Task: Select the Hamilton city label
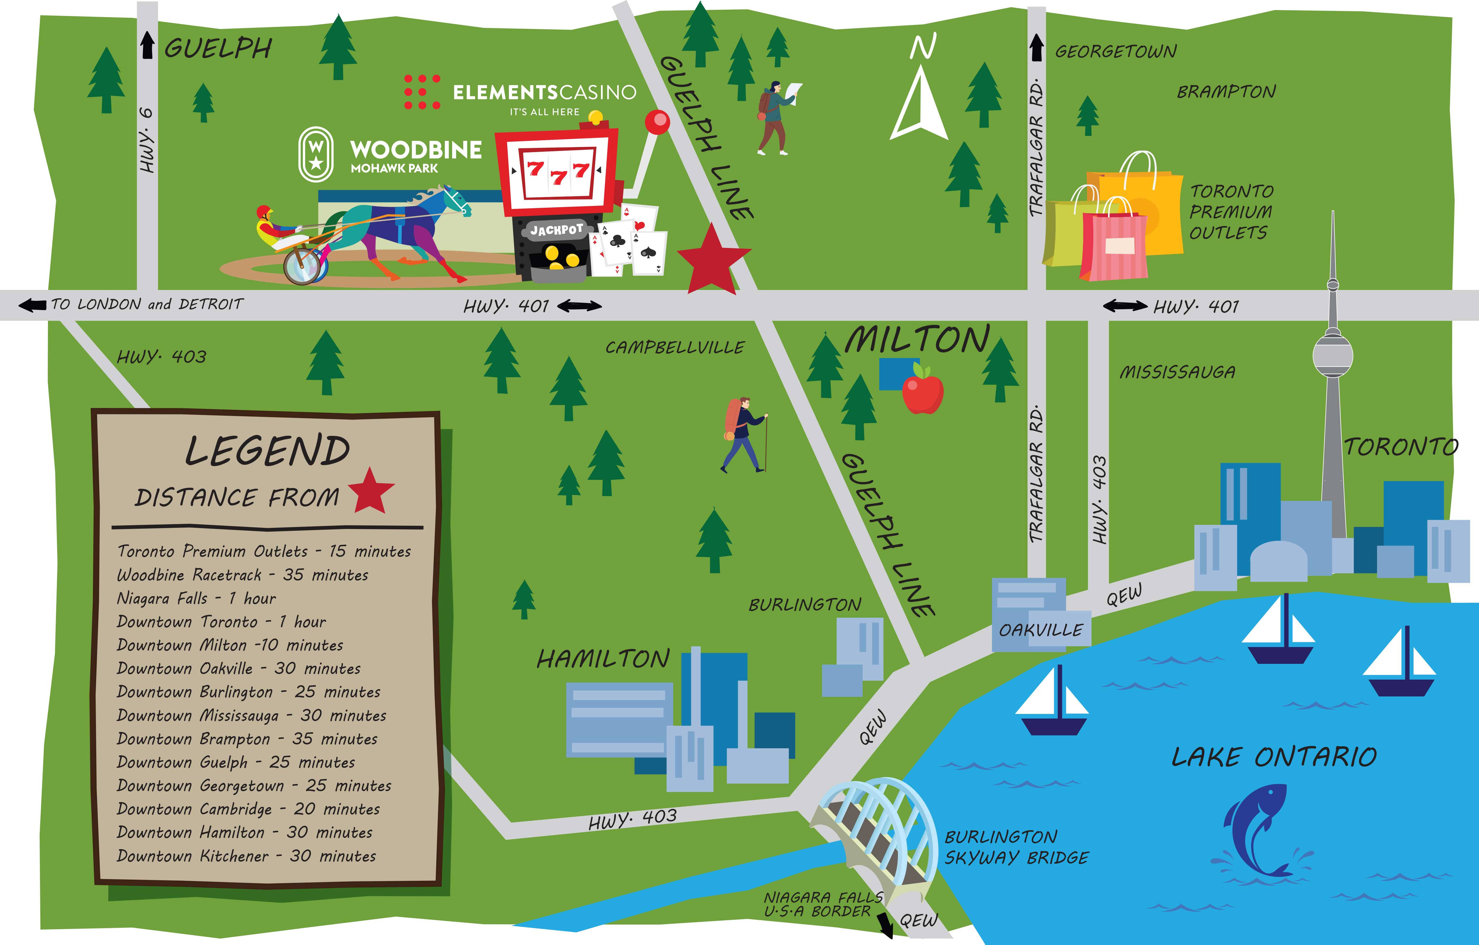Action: (x=603, y=659)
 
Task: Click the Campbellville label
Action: (x=674, y=348)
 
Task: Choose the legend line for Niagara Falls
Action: (x=197, y=598)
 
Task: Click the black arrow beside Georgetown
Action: (x=1036, y=48)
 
